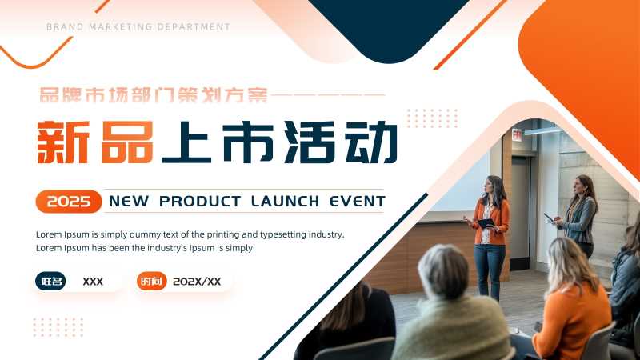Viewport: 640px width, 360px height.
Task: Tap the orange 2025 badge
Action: [69, 202]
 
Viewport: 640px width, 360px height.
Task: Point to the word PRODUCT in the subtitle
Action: [200, 201]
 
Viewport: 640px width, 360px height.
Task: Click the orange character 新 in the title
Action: [62, 142]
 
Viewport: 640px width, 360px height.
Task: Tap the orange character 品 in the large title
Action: [127, 142]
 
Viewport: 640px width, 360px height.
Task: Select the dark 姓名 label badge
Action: [50, 282]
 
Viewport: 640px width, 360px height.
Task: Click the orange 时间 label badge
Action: [151, 282]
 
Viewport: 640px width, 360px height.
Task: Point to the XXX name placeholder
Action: [93, 282]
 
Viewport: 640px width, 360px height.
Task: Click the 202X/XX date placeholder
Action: [197, 282]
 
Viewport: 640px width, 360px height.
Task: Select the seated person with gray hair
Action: [448, 308]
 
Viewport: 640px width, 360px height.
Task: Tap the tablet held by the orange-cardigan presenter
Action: [485, 223]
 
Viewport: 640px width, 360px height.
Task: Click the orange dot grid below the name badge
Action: [58, 326]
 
